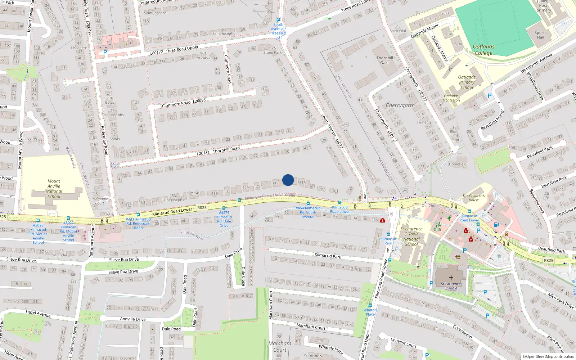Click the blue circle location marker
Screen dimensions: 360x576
point(288,180)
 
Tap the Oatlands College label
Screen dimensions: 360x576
point(483,50)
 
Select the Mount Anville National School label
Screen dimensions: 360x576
point(54,189)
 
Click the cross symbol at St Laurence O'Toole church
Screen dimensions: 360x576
point(451,278)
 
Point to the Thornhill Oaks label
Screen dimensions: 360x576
point(384,60)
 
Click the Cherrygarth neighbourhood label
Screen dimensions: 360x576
point(400,105)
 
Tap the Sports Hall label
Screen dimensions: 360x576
point(540,35)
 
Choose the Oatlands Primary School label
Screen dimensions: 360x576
point(467,82)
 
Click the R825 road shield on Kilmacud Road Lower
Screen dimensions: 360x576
point(202,207)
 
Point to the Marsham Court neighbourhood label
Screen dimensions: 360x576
point(280,346)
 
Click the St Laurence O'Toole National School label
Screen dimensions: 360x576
point(411,236)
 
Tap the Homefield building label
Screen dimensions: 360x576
point(458,164)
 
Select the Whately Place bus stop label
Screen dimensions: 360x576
point(370,312)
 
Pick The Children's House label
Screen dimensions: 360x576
point(473,198)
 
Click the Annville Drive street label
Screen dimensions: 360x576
point(132,319)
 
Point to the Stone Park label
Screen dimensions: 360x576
point(273,53)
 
